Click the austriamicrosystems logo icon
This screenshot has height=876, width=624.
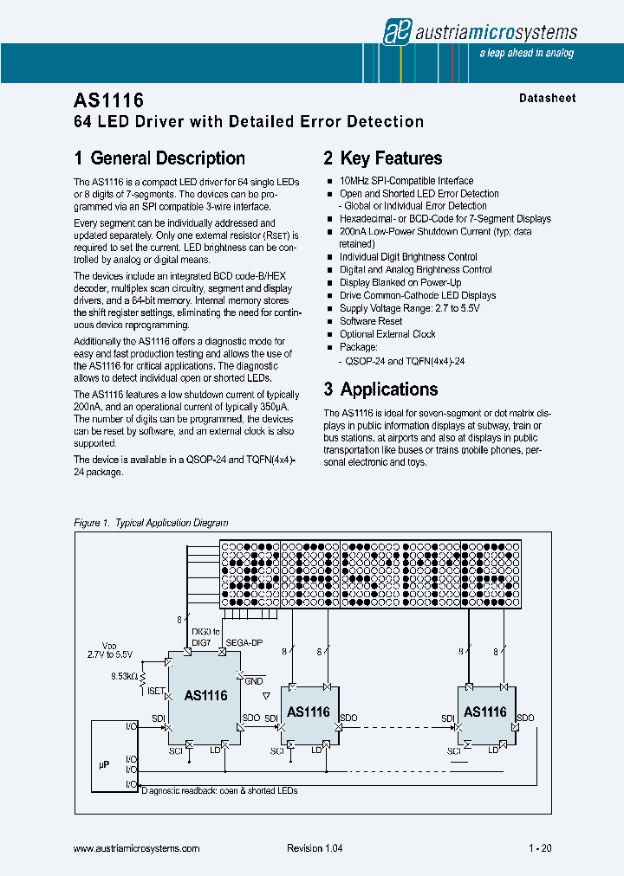pyautogui.click(x=396, y=32)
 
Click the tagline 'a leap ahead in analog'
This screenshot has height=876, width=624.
pyautogui.click(x=526, y=54)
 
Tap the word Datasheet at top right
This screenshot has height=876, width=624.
pyautogui.click(x=547, y=98)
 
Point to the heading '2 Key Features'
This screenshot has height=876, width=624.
pyautogui.click(x=382, y=158)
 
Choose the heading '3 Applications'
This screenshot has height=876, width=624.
pyautogui.click(x=380, y=390)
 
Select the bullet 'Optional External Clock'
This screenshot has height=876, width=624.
pyautogui.click(x=387, y=334)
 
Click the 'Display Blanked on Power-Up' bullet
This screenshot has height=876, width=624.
pyautogui.click(x=400, y=282)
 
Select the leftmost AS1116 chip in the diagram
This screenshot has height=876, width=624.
pyautogui.click(x=205, y=695)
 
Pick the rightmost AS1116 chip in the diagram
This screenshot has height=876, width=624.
pyautogui.click(x=485, y=712)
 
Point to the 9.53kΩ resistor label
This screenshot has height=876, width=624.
pyautogui.click(x=122, y=675)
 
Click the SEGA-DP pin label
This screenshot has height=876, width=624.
pyautogui.click(x=245, y=642)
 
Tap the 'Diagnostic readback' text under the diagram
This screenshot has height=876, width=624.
pyautogui.click(x=218, y=791)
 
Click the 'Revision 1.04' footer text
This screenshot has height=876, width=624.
pyautogui.click(x=315, y=849)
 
